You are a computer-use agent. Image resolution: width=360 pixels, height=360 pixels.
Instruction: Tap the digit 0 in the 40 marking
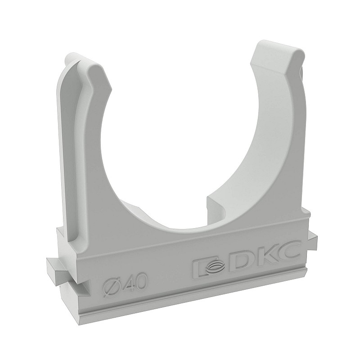coord(142,280)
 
